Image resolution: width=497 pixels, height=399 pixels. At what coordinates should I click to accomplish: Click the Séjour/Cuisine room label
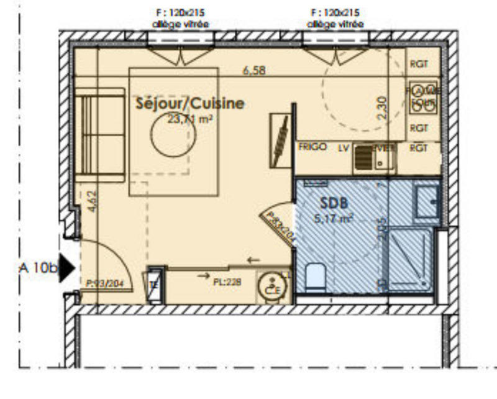point(190,104)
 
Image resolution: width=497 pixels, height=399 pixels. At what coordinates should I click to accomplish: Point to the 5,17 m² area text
point(335,218)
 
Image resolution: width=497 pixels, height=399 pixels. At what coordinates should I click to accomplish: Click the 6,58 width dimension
point(254,71)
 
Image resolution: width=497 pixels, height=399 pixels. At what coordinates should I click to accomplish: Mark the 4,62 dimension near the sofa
point(93,203)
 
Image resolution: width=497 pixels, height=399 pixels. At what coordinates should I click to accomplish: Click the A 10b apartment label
point(37,268)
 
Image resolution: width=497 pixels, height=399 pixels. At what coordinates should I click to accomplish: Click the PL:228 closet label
point(227,282)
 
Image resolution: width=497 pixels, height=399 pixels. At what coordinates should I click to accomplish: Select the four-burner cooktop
point(423,98)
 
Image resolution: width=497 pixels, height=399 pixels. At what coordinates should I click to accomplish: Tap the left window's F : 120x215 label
point(180,12)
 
